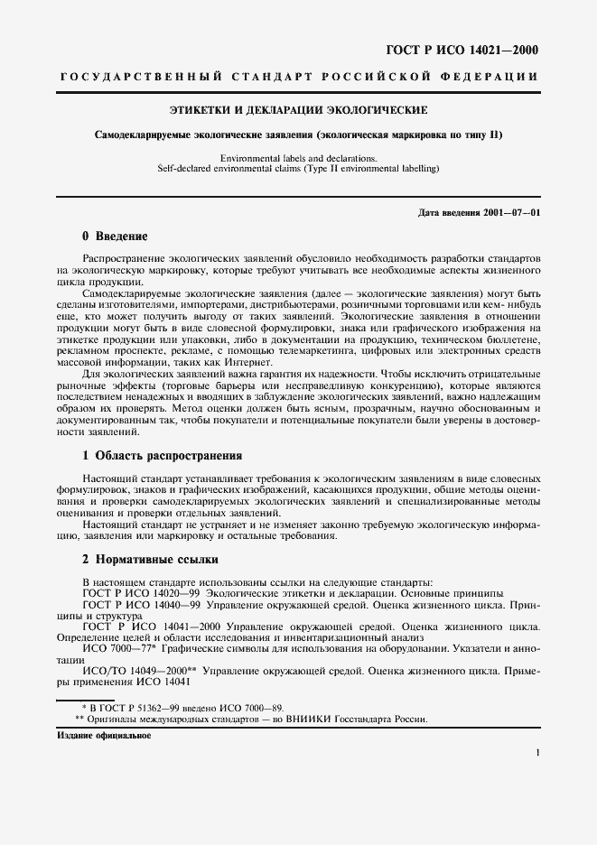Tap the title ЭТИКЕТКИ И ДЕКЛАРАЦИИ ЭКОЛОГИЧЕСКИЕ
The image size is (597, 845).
pos(298,110)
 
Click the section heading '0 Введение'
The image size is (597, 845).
pos(115,237)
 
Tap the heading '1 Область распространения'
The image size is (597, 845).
pos(162,455)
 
